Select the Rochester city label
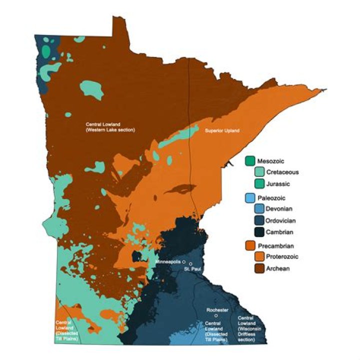pyautogui.click(x=217, y=310)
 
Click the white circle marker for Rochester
pyautogui.click(x=216, y=316)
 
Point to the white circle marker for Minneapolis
pyautogui.click(x=183, y=261)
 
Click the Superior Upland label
pyautogui.click(x=222, y=131)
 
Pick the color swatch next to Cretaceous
pyautogui.click(x=260, y=172)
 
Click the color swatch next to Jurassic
pyautogui.click(x=260, y=184)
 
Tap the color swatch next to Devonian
pyautogui.click(x=260, y=208)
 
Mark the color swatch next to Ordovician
pyautogui.click(x=260, y=220)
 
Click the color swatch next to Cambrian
pyautogui.click(x=260, y=232)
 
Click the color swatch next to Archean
pyautogui.click(x=260, y=268)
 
